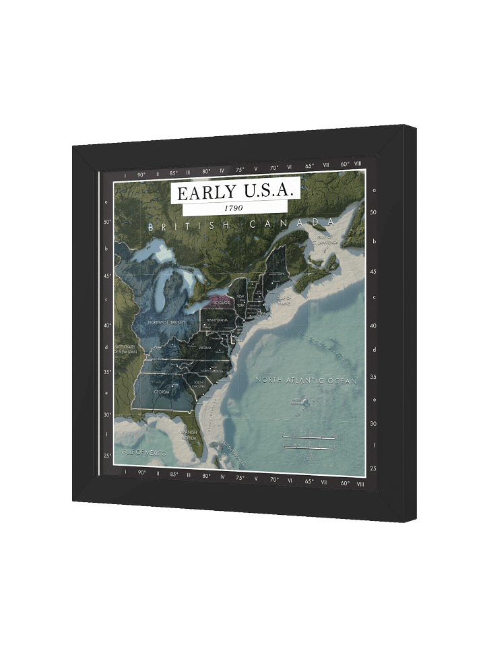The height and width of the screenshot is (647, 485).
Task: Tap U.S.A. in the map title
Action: click(x=266, y=192)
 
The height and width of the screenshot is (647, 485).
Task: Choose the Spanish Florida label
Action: click(x=187, y=434)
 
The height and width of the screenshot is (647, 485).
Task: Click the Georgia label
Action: click(x=162, y=392)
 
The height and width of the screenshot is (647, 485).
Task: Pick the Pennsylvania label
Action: click(x=217, y=319)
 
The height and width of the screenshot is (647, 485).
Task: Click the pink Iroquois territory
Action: click(x=220, y=301)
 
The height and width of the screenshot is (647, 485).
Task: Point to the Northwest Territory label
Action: click(x=166, y=323)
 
